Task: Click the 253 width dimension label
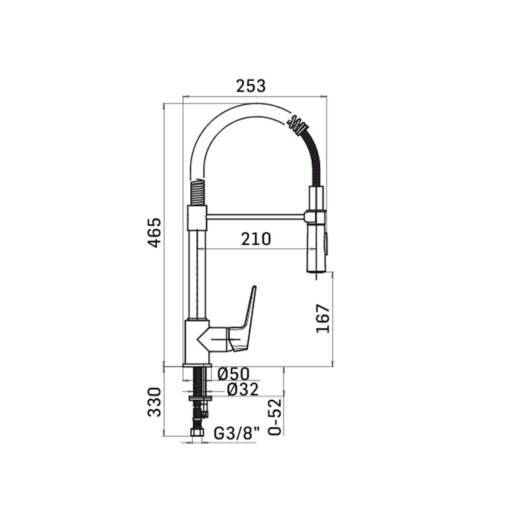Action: pyautogui.click(x=251, y=86)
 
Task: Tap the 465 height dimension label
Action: pyautogui.click(x=155, y=233)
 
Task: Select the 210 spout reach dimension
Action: pyautogui.click(x=256, y=239)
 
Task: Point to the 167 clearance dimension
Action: pyautogui.click(x=323, y=318)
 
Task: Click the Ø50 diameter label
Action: pyautogui.click(x=234, y=374)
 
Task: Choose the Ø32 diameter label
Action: pyautogui.click(x=243, y=390)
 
